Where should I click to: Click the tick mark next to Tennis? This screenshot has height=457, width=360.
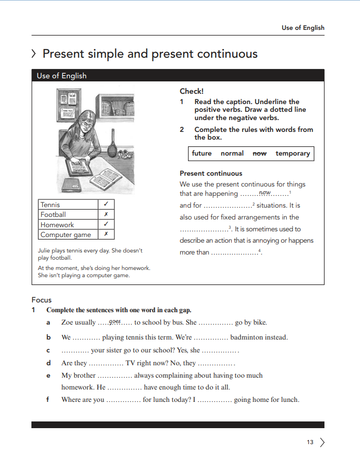[x=106, y=205]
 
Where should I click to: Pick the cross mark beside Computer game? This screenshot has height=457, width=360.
[x=106, y=234]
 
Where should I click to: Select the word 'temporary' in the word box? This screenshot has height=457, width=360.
[x=293, y=154]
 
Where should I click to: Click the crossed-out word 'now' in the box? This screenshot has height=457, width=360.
[x=260, y=154]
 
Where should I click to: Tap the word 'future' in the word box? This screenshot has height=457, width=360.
[x=201, y=154]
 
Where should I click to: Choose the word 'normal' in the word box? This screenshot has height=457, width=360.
[x=232, y=154]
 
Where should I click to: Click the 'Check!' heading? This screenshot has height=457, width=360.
[x=192, y=91]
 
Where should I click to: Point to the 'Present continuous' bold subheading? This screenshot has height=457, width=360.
[x=211, y=174]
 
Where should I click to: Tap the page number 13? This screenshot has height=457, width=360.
[x=310, y=442]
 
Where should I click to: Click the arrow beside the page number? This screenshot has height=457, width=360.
[x=322, y=442]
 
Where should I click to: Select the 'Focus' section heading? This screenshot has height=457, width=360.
[x=42, y=300]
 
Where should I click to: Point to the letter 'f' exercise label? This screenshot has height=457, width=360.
[x=48, y=399]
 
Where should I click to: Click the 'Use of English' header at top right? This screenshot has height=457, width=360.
[x=303, y=28]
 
